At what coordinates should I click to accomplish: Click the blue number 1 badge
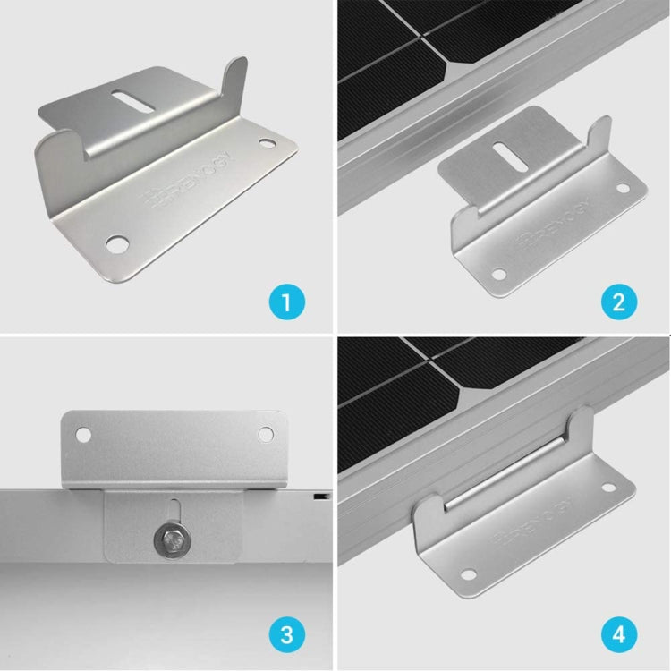point(286,301)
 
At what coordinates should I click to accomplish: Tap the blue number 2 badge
point(619,301)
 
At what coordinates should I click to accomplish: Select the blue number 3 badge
point(286,636)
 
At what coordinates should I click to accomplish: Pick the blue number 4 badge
point(619,636)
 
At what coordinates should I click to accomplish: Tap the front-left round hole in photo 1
point(115,242)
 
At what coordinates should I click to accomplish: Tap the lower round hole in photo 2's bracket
point(498,274)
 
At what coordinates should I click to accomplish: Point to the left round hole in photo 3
point(83,435)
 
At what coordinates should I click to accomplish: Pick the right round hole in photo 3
point(266,434)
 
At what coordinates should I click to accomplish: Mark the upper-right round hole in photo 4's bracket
point(607,488)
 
